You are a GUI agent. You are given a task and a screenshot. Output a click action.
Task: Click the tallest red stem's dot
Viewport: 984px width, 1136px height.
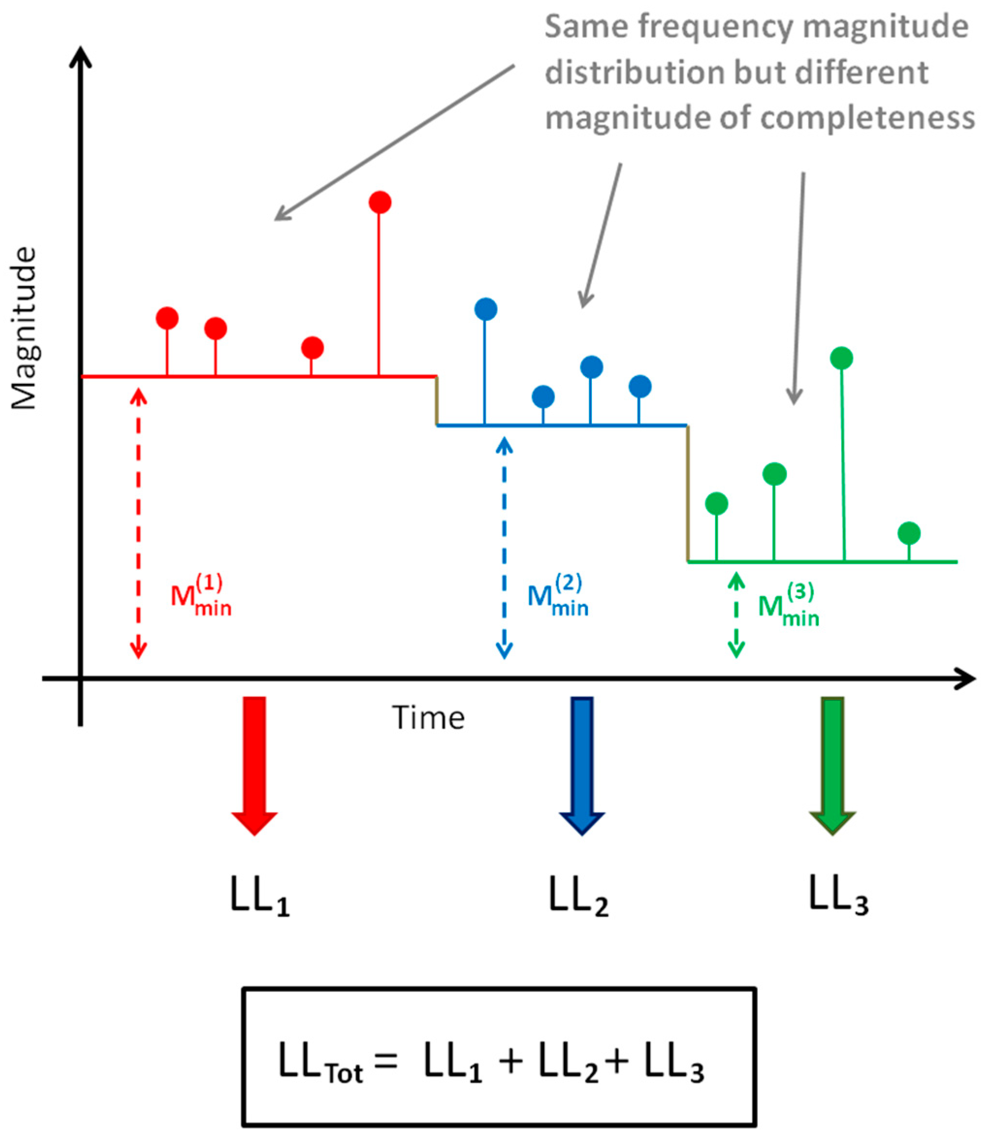(380, 203)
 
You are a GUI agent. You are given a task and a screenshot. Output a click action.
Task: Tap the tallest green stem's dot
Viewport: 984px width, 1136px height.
(841, 358)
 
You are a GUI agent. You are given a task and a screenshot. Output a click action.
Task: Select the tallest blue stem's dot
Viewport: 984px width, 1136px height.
(485, 309)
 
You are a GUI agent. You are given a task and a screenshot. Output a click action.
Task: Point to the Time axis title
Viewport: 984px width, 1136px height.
(429, 718)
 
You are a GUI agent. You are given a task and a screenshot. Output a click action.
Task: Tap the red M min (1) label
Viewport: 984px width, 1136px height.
(200, 596)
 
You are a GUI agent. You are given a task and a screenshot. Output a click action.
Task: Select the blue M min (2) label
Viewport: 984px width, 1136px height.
(557, 596)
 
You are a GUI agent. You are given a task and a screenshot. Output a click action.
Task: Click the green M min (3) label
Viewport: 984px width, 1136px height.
(789, 606)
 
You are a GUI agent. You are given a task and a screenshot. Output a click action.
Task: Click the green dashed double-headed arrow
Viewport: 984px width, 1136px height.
(736, 615)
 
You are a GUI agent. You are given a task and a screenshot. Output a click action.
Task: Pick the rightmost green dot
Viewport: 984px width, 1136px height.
(909, 533)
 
